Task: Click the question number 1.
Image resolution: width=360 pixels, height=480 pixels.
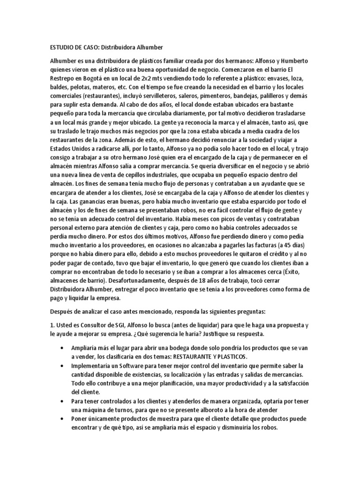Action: [x=52, y=326]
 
